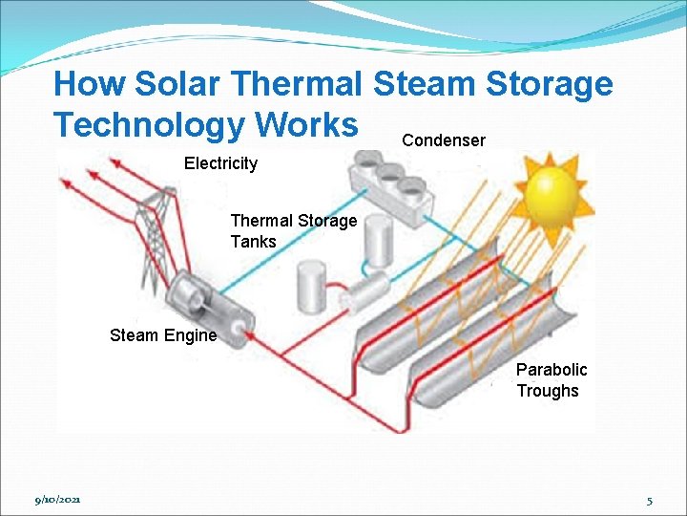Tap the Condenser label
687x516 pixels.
[444, 140]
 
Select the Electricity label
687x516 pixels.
[220, 163]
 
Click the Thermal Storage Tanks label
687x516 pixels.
[293, 231]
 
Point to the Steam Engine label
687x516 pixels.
[163, 335]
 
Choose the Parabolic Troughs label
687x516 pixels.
[552, 379]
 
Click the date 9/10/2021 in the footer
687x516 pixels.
[58, 500]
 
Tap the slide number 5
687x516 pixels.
[649, 500]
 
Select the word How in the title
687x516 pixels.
[89, 84]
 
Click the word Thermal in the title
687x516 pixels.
[297, 84]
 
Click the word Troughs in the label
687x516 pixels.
[548, 391]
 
